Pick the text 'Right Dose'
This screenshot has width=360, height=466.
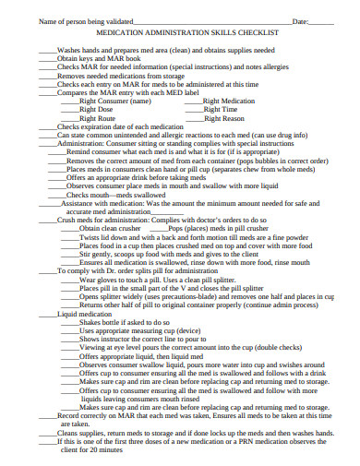click(x=96, y=110)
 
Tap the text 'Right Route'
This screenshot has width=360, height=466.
click(x=97, y=118)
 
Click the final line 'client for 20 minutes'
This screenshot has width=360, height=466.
click(x=92, y=449)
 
